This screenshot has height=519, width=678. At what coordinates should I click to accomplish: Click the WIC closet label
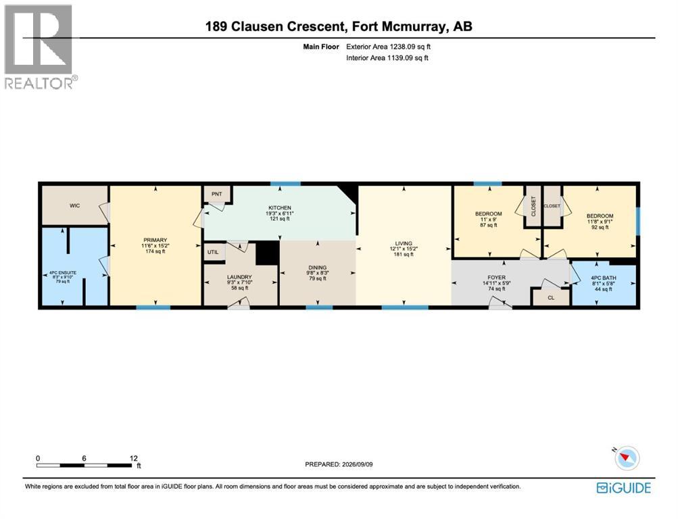pos(74,205)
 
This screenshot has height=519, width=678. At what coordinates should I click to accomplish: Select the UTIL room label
pos(213,252)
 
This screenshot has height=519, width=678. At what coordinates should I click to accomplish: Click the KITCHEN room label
pos(280,208)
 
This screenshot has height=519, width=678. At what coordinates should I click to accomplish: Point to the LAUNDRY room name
pos(239,277)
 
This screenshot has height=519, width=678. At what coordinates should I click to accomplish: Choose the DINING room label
pos(318,268)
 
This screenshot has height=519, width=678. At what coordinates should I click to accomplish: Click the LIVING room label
pos(404,243)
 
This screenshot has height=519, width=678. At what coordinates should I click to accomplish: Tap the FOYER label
pos(496,278)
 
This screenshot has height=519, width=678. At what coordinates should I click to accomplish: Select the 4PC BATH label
pos(604,278)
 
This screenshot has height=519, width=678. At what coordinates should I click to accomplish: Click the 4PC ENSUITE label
pos(63,273)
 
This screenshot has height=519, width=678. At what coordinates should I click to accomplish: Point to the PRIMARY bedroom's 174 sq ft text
pos(155,251)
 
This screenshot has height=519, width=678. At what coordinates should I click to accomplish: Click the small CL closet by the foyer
pos(551,297)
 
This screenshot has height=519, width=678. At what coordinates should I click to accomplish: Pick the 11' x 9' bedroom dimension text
pos(489,220)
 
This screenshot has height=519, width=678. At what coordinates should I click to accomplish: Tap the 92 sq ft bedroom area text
pos(600,227)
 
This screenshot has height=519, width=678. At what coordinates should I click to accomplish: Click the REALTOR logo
pos(39,47)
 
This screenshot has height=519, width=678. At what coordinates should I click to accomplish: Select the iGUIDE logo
pos(623,488)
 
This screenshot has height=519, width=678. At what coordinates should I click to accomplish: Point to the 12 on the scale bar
pos(133,458)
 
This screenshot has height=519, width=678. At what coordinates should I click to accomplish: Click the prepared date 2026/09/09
pos(357,464)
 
